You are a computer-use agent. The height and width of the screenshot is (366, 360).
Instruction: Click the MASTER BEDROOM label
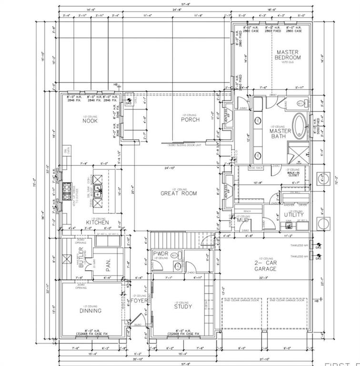pyautogui.click(x=288, y=55)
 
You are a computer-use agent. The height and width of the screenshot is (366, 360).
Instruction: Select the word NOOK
pyautogui.click(x=90, y=121)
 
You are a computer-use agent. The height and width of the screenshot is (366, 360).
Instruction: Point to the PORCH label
pyautogui.click(x=190, y=119)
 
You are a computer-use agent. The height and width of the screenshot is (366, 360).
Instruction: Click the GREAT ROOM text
pyautogui.click(x=179, y=193)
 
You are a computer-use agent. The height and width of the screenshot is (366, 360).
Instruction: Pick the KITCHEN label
pyautogui.click(x=97, y=223)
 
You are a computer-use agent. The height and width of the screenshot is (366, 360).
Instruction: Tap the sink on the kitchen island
pyautogui.click(x=98, y=192)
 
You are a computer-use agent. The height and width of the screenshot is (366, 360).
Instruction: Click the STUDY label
pyautogui.click(x=182, y=306)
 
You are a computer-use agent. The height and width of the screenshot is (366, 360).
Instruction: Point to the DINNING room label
pyautogui.click(x=90, y=310)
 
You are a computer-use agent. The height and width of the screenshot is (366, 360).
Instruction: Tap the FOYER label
pyautogui.click(x=139, y=301)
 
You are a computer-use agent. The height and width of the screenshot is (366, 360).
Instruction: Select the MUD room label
pyautogui.click(x=243, y=221)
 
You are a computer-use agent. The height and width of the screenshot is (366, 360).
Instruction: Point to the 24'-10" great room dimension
pyautogui.click(x=177, y=168)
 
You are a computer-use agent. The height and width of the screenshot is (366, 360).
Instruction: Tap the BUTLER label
pyautogui.click(x=81, y=256)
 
